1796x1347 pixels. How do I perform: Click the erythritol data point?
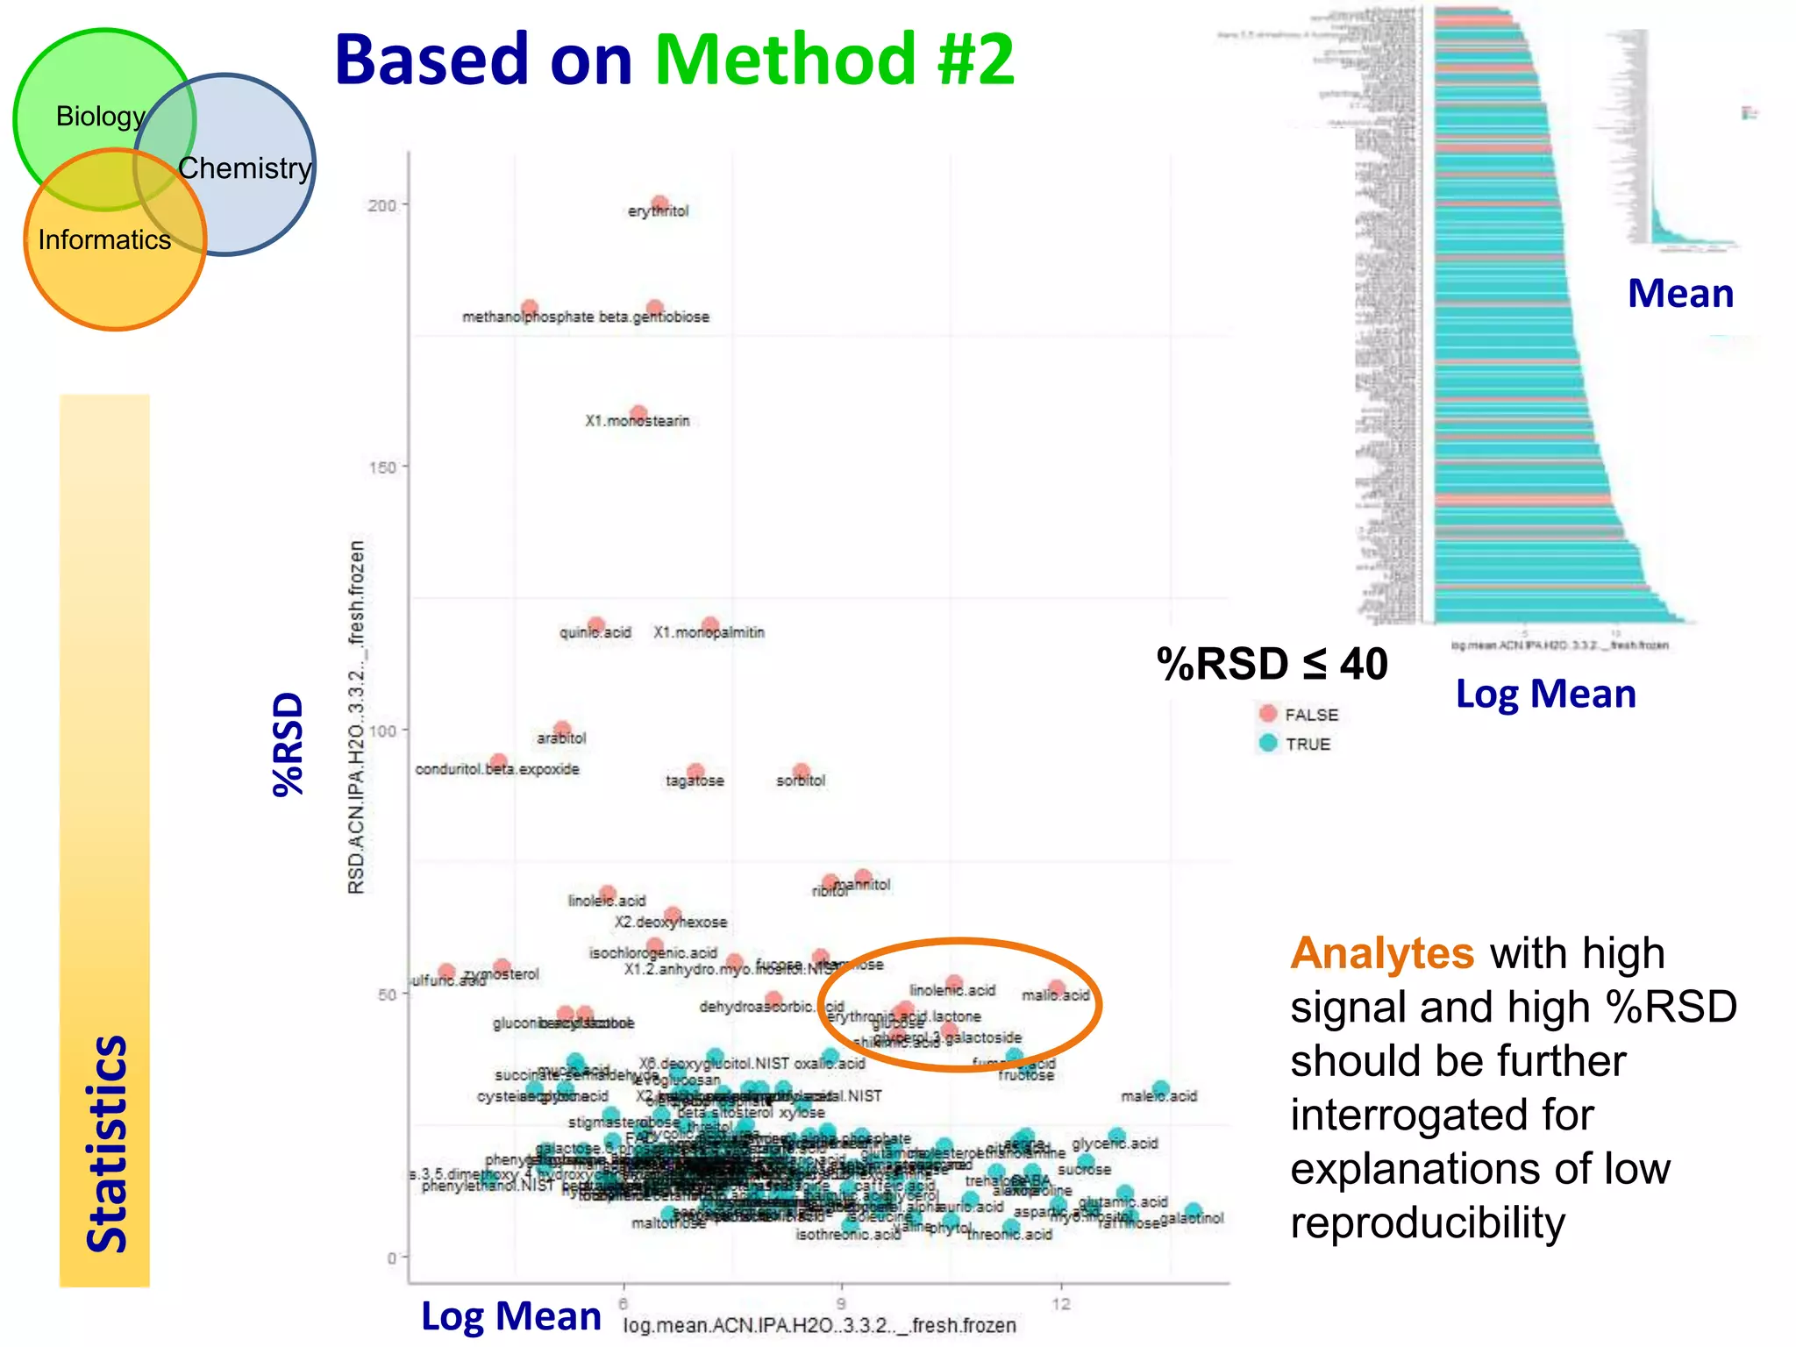(660, 203)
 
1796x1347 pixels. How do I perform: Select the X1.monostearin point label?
(638, 422)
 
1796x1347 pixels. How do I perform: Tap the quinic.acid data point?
(596, 625)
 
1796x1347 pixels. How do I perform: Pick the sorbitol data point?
(801, 772)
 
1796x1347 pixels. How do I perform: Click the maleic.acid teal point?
(1160, 1089)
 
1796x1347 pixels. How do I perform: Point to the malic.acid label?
(1056, 995)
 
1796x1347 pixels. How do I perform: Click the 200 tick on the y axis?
(381, 205)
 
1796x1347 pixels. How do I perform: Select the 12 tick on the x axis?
(1061, 1304)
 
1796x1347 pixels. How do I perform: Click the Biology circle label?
(100, 116)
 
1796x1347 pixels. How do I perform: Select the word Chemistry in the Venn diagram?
(245, 167)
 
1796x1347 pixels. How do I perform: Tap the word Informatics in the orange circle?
(104, 239)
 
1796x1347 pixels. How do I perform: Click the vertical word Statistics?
(107, 1144)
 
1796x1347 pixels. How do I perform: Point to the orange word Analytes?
(1382, 953)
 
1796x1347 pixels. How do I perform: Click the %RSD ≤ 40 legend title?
(1272, 664)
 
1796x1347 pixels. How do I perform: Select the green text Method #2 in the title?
(834, 60)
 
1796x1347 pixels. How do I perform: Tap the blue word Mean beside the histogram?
(1680, 294)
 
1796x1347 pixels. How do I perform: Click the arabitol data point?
(562, 729)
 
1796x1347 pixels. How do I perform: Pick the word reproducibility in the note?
(1427, 1223)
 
